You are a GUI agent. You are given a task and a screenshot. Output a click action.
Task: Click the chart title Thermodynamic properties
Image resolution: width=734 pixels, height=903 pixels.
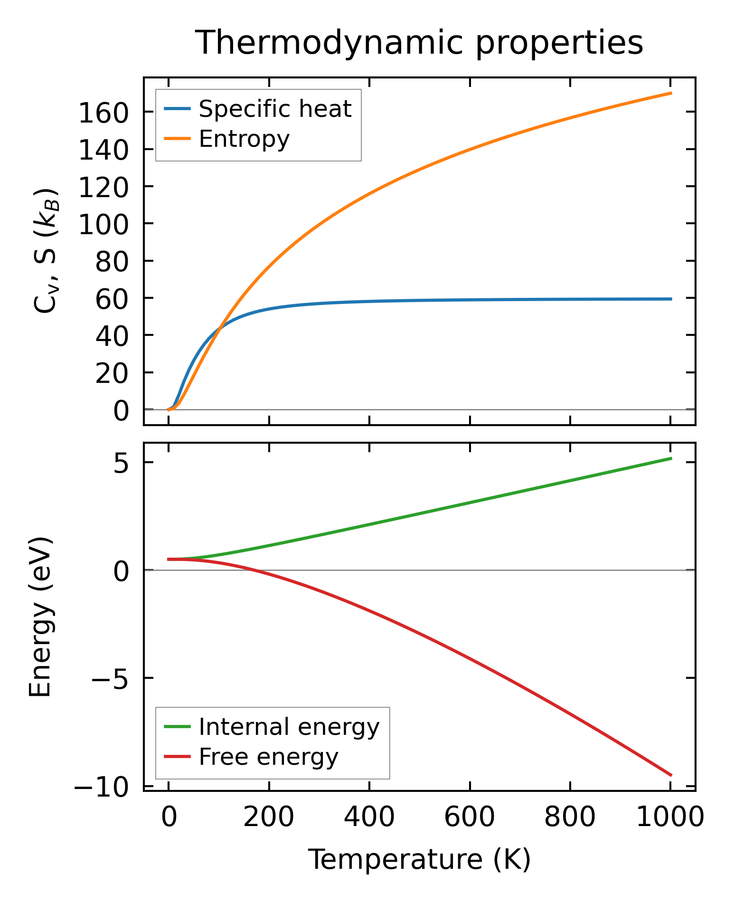[419, 43]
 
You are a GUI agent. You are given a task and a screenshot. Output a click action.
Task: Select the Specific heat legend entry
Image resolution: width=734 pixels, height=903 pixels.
[274, 109]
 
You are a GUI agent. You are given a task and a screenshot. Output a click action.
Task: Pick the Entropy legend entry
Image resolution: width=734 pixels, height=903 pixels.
[244, 139]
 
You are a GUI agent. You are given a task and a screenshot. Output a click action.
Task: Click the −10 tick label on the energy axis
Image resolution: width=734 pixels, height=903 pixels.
[101, 787]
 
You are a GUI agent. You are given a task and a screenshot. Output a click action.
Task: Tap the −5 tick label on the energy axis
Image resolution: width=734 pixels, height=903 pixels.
[110, 680]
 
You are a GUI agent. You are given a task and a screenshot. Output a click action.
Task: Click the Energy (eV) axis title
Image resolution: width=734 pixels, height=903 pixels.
[40, 617]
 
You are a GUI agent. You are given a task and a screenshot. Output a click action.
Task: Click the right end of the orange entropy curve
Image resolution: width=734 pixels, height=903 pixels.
[671, 93]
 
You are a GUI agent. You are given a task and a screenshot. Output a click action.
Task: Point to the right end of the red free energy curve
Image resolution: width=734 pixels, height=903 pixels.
[671, 776]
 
